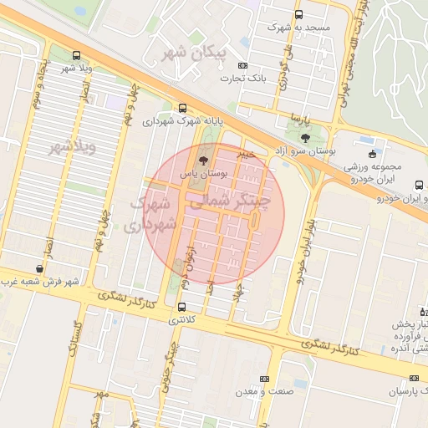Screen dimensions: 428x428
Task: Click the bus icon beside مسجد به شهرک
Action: pyautogui.click(x=299, y=14)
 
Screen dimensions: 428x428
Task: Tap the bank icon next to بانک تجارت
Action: pyautogui.click(x=242, y=65)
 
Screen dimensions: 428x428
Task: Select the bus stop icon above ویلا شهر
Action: pyautogui.click(x=77, y=54)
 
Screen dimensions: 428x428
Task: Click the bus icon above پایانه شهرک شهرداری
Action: pyautogui.click(x=182, y=108)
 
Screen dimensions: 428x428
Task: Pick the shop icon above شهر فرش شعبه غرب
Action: pyautogui.click(x=40, y=268)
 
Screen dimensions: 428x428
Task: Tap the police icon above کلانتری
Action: pyautogui.click(x=182, y=306)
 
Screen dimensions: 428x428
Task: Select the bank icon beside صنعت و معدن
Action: pyautogui.click(x=265, y=379)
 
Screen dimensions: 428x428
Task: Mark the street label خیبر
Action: pyautogui.click(x=244, y=155)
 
